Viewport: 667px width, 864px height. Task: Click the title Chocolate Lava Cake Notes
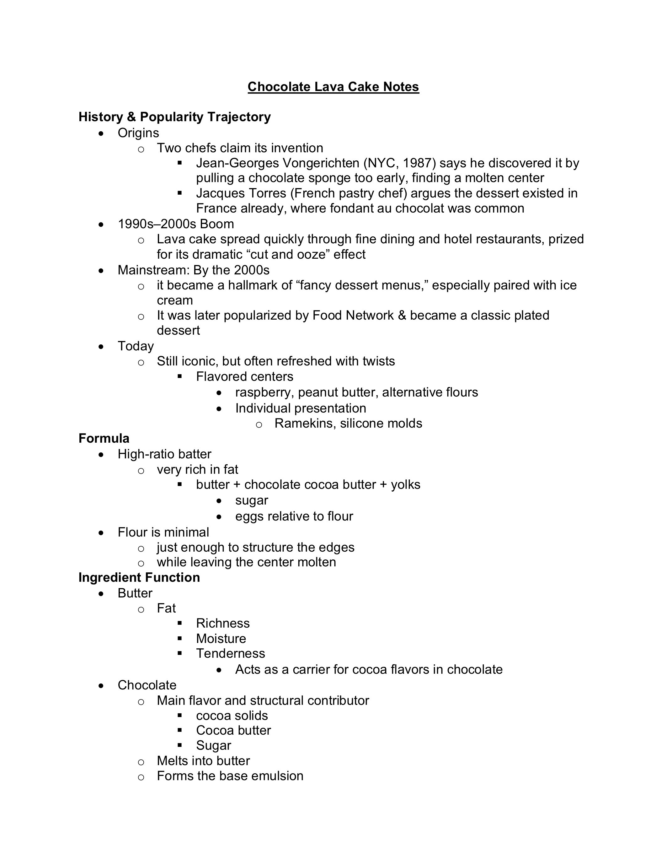(x=333, y=87)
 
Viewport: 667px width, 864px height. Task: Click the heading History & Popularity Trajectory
(x=174, y=117)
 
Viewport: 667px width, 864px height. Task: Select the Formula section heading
(x=104, y=438)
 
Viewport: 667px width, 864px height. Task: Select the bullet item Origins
(x=138, y=133)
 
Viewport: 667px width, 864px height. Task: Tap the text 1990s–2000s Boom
(x=176, y=224)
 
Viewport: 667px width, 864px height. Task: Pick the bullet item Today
(x=135, y=346)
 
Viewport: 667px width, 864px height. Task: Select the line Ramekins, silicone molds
(x=348, y=423)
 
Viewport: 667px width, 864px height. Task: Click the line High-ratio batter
(x=164, y=454)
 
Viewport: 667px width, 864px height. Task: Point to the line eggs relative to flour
(x=294, y=516)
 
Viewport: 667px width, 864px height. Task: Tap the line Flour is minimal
(x=163, y=532)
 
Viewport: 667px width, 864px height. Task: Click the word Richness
(x=223, y=624)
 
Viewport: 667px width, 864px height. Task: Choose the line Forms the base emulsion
(x=230, y=776)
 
